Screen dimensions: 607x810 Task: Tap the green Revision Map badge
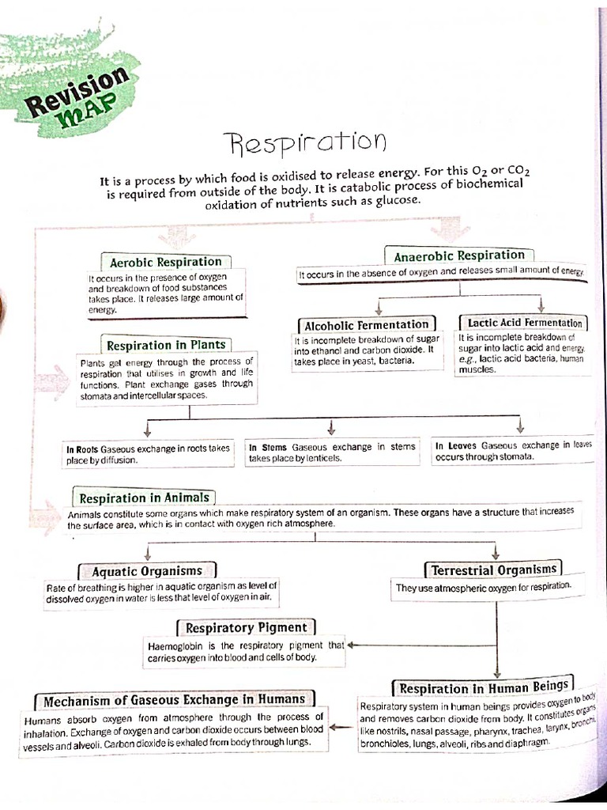[x=76, y=92]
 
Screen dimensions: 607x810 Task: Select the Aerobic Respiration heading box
[x=166, y=262]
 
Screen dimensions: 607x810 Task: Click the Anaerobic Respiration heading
[x=459, y=255]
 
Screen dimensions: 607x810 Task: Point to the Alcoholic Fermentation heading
[x=367, y=324]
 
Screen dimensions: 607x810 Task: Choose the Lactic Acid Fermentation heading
[x=524, y=323]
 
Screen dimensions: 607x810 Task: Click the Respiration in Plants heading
[x=166, y=345]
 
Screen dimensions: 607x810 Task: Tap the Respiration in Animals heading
[x=144, y=498]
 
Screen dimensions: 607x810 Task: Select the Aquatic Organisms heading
[x=147, y=570]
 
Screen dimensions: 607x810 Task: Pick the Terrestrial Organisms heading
[x=495, y=570]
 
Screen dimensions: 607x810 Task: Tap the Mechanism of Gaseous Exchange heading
[x=174, y=700]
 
